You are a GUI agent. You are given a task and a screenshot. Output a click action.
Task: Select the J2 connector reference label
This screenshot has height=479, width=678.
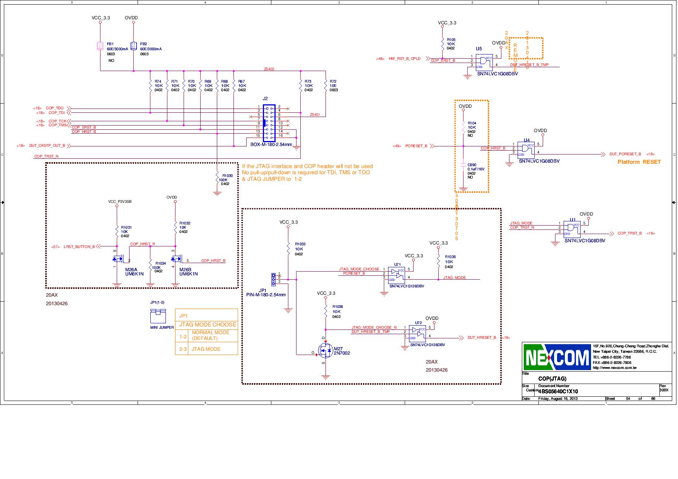[x=265, y=99]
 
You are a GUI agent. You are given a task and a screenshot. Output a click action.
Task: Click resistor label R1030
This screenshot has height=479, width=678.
[x=227, y=176]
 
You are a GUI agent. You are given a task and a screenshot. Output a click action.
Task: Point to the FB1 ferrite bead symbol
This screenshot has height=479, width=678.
[x=100, y=46]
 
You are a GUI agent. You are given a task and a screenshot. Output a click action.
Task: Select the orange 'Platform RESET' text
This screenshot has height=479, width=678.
[x=639, y=162]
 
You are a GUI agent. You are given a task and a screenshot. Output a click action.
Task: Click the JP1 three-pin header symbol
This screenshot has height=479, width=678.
[x=273, y=279]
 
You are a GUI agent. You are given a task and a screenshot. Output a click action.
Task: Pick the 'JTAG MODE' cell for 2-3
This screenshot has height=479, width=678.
[x=206, y=349]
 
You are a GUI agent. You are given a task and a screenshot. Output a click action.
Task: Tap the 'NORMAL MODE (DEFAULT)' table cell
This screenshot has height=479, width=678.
[x=211, y=335]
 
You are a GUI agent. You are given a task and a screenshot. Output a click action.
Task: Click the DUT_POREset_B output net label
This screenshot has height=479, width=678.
[x=625, y=154]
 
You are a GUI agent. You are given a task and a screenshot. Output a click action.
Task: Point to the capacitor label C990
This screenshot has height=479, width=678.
[x=472, y=165]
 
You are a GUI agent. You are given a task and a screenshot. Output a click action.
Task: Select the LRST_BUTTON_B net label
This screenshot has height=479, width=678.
[x=79, y=246]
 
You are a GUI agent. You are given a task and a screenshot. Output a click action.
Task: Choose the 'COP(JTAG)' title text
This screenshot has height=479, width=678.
[x=552, y=379]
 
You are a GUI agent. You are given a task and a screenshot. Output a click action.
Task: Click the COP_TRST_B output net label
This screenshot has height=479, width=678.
[x=629, y=233]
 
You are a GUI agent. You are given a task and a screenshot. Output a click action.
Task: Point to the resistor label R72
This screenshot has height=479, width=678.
[x=333, y=82]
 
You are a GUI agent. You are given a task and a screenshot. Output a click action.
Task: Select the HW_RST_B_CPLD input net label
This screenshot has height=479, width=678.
[x=404, y=59]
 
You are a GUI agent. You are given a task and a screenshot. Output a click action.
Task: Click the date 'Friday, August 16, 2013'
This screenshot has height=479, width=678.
[x=558, y=399]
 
